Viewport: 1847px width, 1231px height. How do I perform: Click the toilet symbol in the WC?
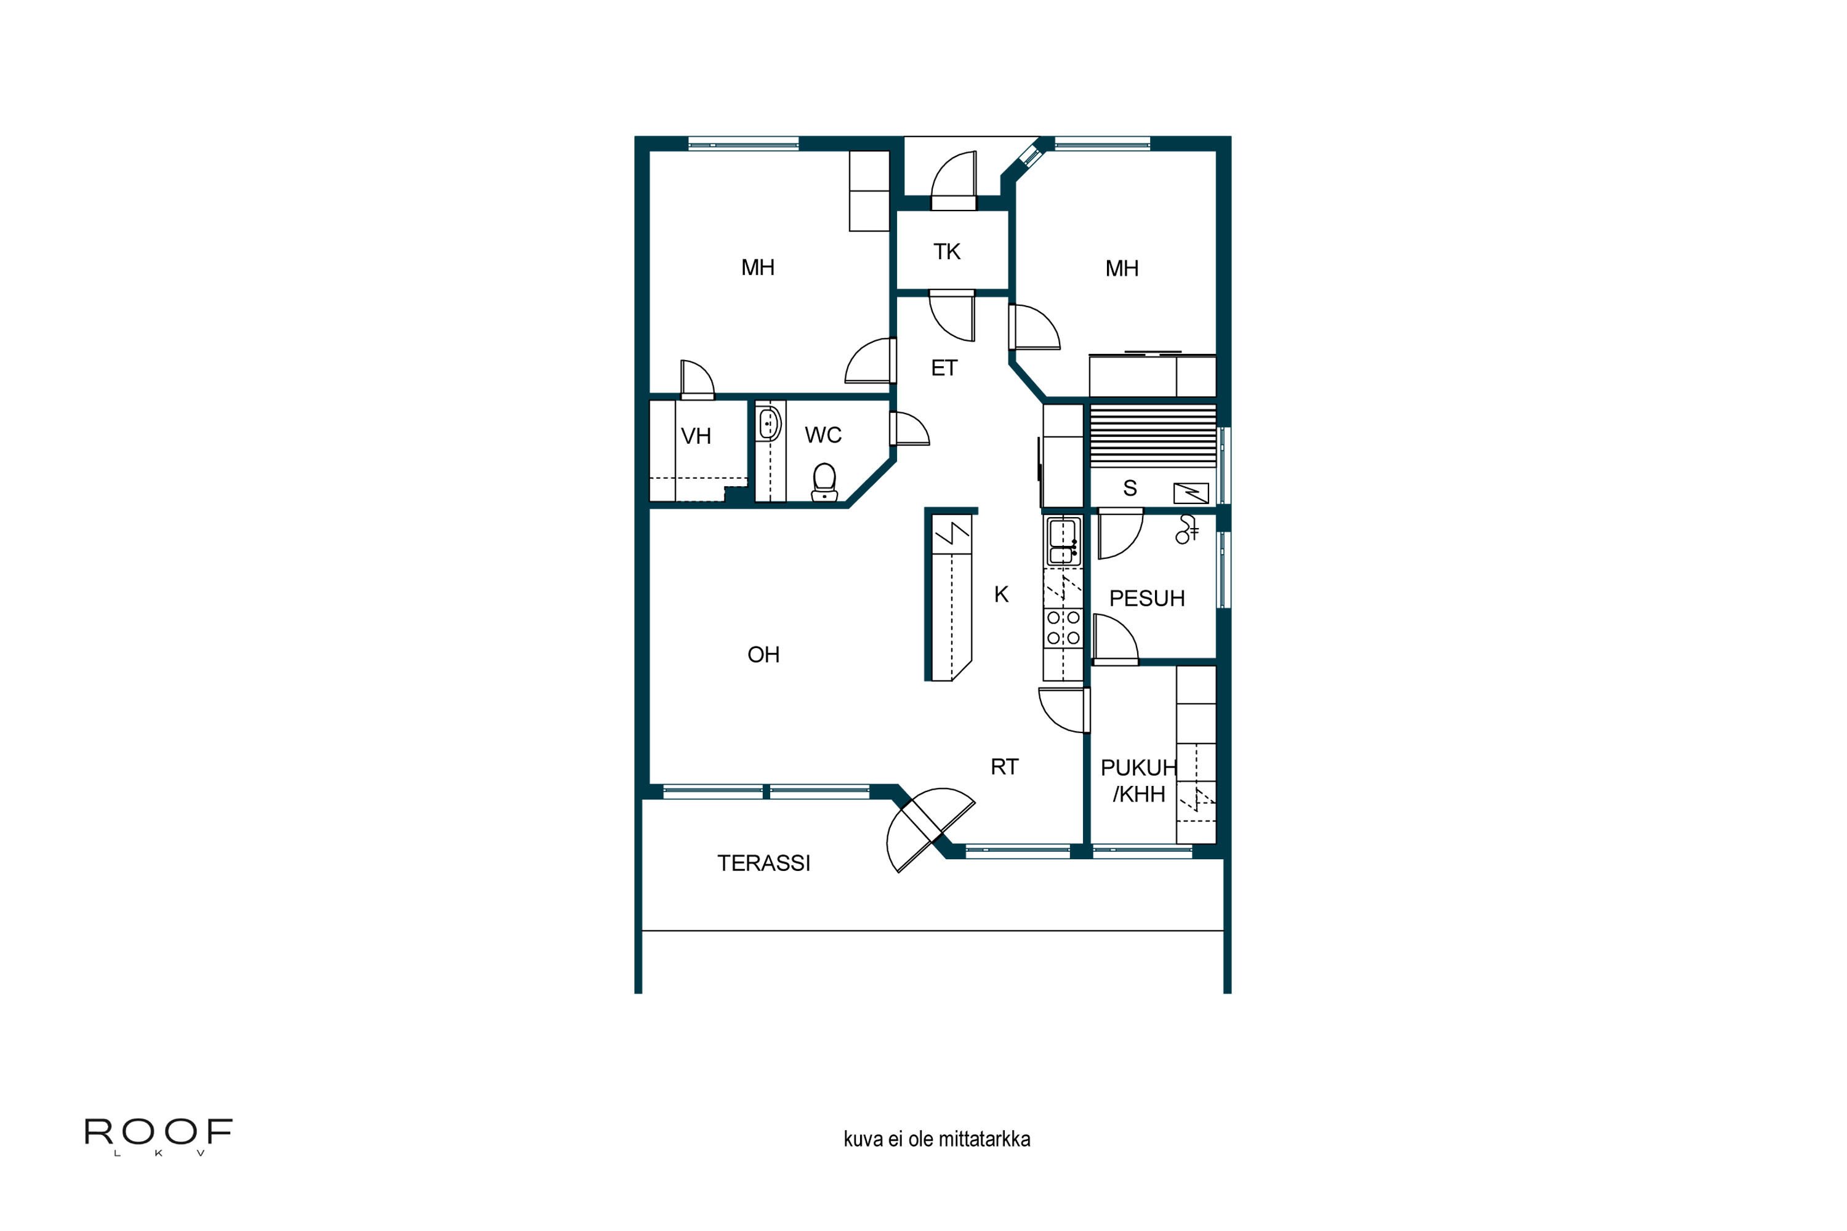[824, 481]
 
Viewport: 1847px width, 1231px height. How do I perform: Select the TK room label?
[946, 252]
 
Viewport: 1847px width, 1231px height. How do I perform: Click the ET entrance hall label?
[944, 368]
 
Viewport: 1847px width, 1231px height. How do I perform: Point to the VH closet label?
[696, 436]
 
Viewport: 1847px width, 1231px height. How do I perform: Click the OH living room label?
[763, 655]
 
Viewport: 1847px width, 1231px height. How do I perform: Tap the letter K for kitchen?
[1001, 595]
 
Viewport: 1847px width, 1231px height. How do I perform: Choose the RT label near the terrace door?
[1004, 767]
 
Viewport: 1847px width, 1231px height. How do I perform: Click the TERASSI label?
[763, 864]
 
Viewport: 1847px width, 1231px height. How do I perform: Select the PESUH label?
[1146, 599]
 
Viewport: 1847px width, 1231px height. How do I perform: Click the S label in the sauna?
[1130, 488]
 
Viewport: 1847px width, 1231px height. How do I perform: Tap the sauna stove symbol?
[1191, 493]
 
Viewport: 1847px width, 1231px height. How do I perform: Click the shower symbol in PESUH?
[1186, 530]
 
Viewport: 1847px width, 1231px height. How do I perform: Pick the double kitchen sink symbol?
[1063, 542]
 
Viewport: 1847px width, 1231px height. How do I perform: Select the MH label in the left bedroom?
[758, 268]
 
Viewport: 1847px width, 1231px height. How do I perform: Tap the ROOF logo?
[158, 1132]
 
